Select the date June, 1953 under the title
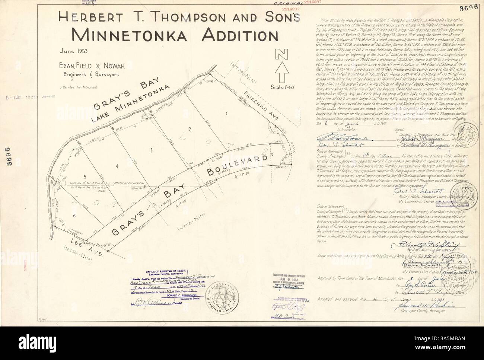(x=73, y=52)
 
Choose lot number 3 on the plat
(x=151, y=150)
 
